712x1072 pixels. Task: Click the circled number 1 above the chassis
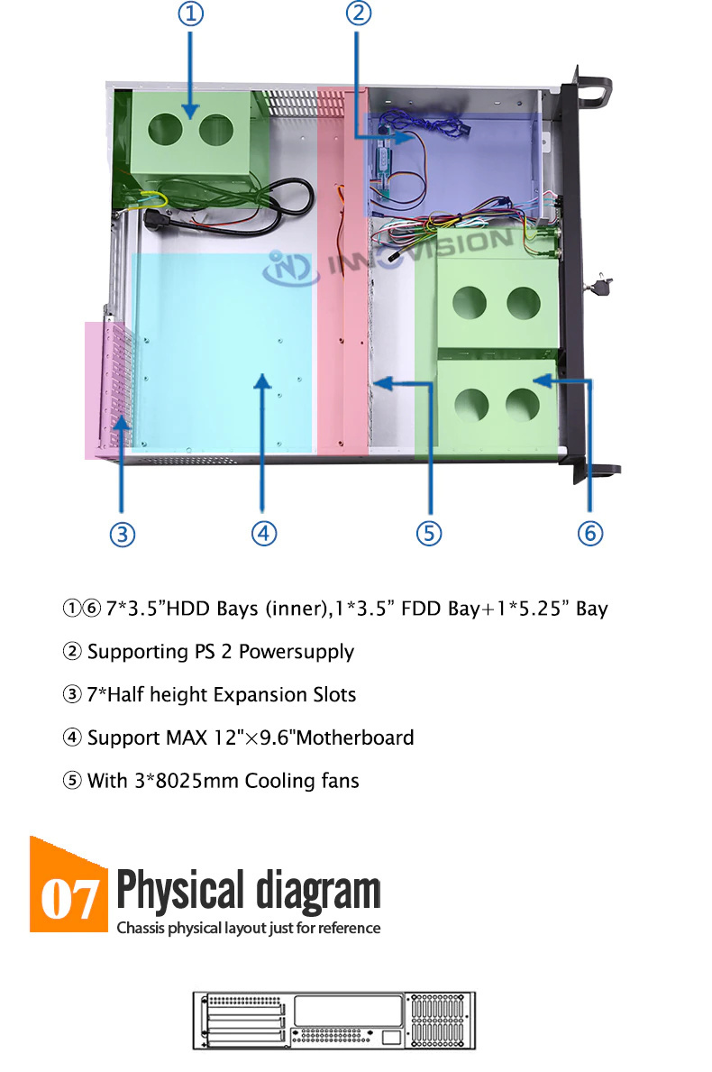point(191,14)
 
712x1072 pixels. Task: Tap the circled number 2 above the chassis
point(359,13)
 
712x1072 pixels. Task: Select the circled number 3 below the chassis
point(123,534)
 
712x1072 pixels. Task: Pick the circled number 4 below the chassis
point(264,533)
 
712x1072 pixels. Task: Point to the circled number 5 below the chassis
point(429,533)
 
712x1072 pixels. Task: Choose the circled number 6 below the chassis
point(590,533)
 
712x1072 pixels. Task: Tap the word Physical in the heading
point(180,890)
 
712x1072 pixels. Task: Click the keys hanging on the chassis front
point(601,285)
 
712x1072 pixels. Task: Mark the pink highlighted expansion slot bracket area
point(106,389)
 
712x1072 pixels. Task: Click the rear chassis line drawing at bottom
point(334,1020)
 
